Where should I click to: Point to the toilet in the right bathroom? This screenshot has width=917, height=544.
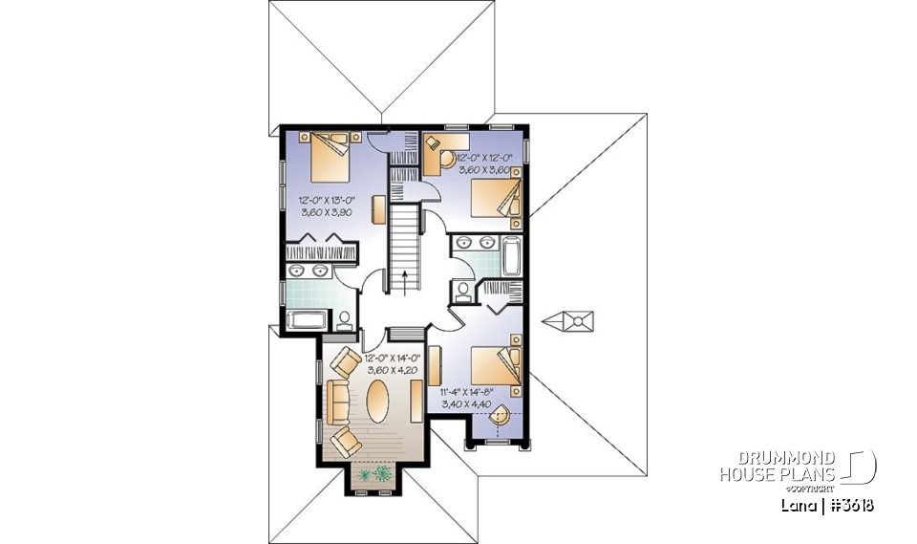464,291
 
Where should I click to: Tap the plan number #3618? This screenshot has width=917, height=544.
850,505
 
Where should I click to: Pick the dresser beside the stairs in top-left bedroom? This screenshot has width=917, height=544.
379,208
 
